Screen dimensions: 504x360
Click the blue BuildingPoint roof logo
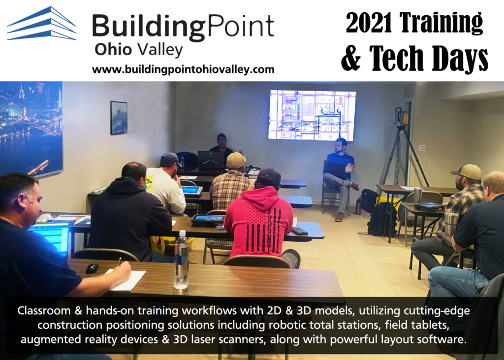click(x=41, y=23)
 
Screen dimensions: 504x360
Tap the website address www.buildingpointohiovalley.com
click(x=183, y=69)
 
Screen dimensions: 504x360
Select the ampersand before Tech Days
click(x=351, y=58)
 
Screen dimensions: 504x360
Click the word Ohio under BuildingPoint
click(x=113, y=50)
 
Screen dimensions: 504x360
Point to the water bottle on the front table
click(x=181, y=260)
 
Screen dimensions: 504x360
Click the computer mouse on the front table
click(x=92, y=268)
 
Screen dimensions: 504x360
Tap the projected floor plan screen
click(x=312, y=115)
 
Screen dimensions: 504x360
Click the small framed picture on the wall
click(x=119, y=117)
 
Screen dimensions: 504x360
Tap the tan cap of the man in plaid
click(x=236, y=161)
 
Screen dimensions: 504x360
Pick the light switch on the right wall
click(x=422, y=148)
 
